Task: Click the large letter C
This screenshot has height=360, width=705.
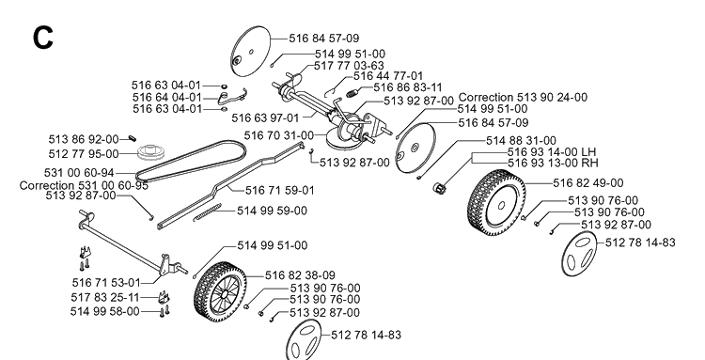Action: pos(43,38)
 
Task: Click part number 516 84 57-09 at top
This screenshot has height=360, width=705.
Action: pos(323,39)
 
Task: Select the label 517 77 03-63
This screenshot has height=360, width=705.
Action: pos(349,66)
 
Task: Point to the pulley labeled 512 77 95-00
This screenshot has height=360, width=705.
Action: pos(151,152)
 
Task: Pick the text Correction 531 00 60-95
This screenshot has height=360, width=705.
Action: pos(84,185)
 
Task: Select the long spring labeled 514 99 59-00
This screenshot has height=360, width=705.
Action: pos(208,212)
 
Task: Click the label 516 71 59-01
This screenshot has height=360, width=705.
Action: pos(280,191)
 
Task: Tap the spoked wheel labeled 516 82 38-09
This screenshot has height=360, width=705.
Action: pos(220,291)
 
